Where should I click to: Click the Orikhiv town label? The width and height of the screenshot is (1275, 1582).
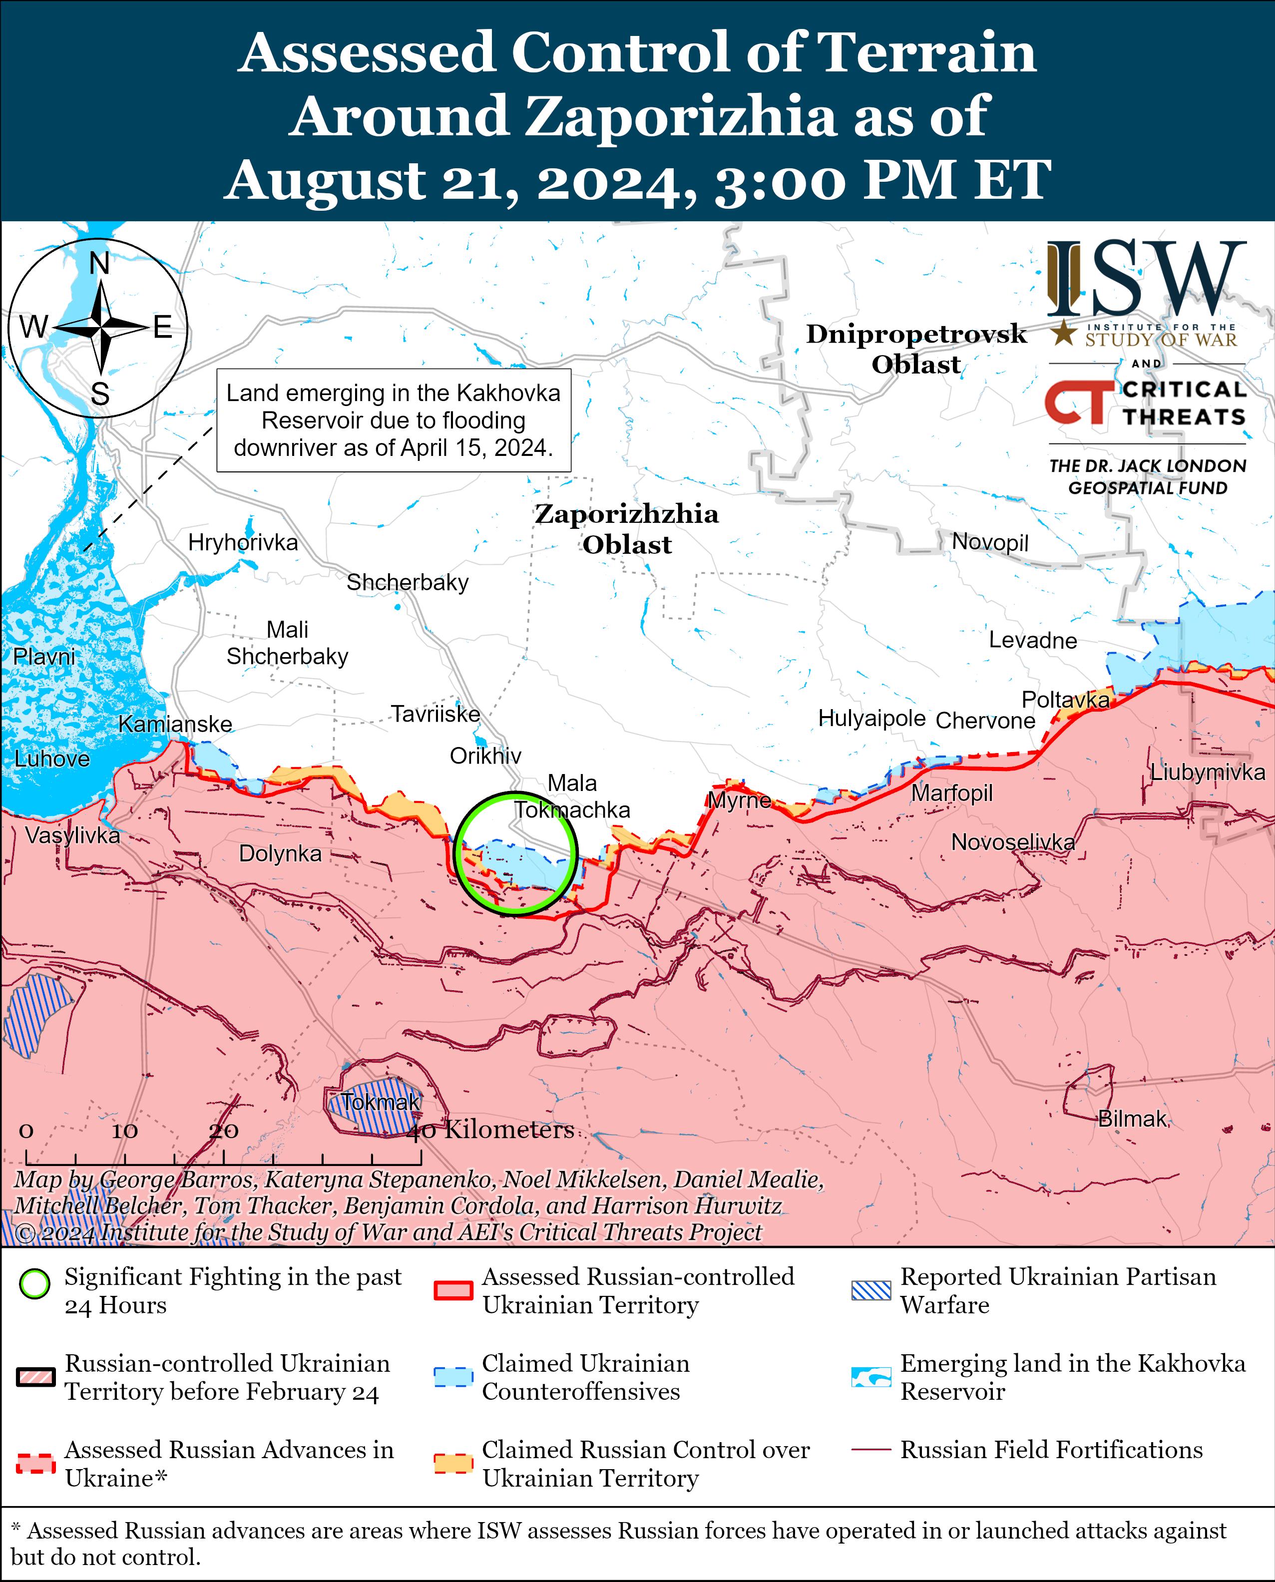[485, 756]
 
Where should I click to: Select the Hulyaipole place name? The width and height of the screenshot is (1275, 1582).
[872, 718]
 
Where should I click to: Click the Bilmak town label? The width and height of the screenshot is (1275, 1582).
[1132, 1119]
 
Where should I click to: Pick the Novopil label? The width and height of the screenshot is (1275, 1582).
[990, 542]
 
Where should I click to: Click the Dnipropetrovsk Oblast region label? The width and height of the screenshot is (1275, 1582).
[916, 349]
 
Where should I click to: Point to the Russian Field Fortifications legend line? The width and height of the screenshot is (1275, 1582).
[871, 1450]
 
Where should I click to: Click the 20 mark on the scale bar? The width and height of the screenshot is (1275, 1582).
[223, 1131]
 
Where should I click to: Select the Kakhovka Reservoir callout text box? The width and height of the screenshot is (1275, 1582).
[394, 420]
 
